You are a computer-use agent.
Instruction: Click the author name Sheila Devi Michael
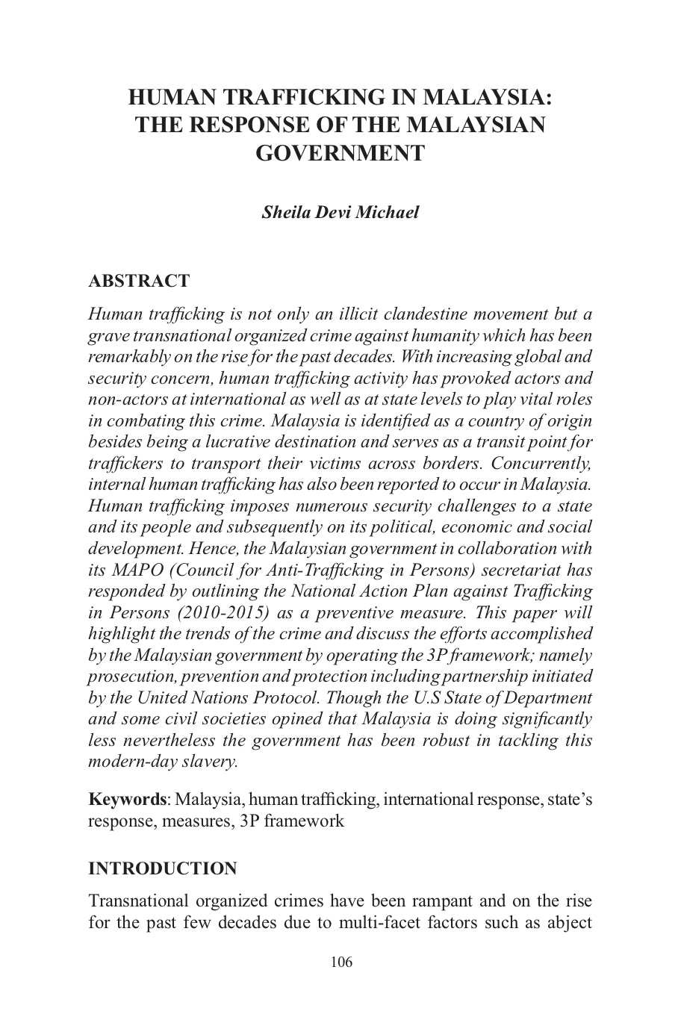340,212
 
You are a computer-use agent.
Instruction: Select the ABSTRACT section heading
139,282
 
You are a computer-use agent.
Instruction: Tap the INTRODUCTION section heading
162,868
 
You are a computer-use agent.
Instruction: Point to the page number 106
340,962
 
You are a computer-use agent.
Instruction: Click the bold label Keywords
127,800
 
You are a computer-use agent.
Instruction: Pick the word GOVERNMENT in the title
340,153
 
